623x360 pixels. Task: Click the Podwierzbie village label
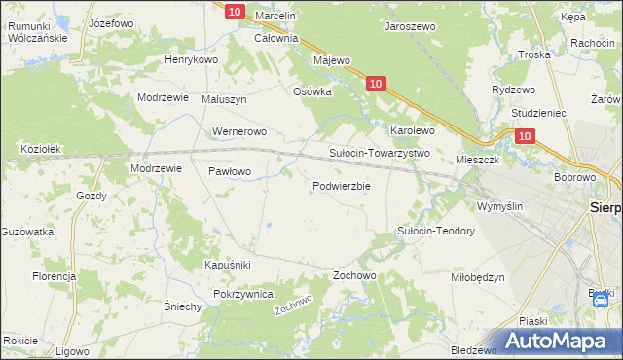click(x=341, y=186)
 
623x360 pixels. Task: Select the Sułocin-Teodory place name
click(x=435, y=231)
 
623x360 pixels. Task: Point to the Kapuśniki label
click(x=228, y=265)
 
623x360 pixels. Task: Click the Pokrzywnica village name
click(x=244, y=293)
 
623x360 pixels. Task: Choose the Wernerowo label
click(x=238, y=131)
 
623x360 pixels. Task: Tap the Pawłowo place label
click(x=230, y=171)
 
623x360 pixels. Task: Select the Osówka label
click(x=312, y=91)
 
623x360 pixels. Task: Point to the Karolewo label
click(x=412, y=129)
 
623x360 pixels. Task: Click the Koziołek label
click(x=41, y=149)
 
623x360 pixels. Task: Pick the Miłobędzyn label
click(x=477, y=277)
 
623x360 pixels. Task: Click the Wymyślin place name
click(x=499, y=206)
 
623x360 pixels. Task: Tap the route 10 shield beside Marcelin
click(x=234, y=11)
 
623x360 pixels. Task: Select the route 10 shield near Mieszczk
click(x=525, y=137)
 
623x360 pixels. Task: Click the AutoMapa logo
click(x=557, y=340)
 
